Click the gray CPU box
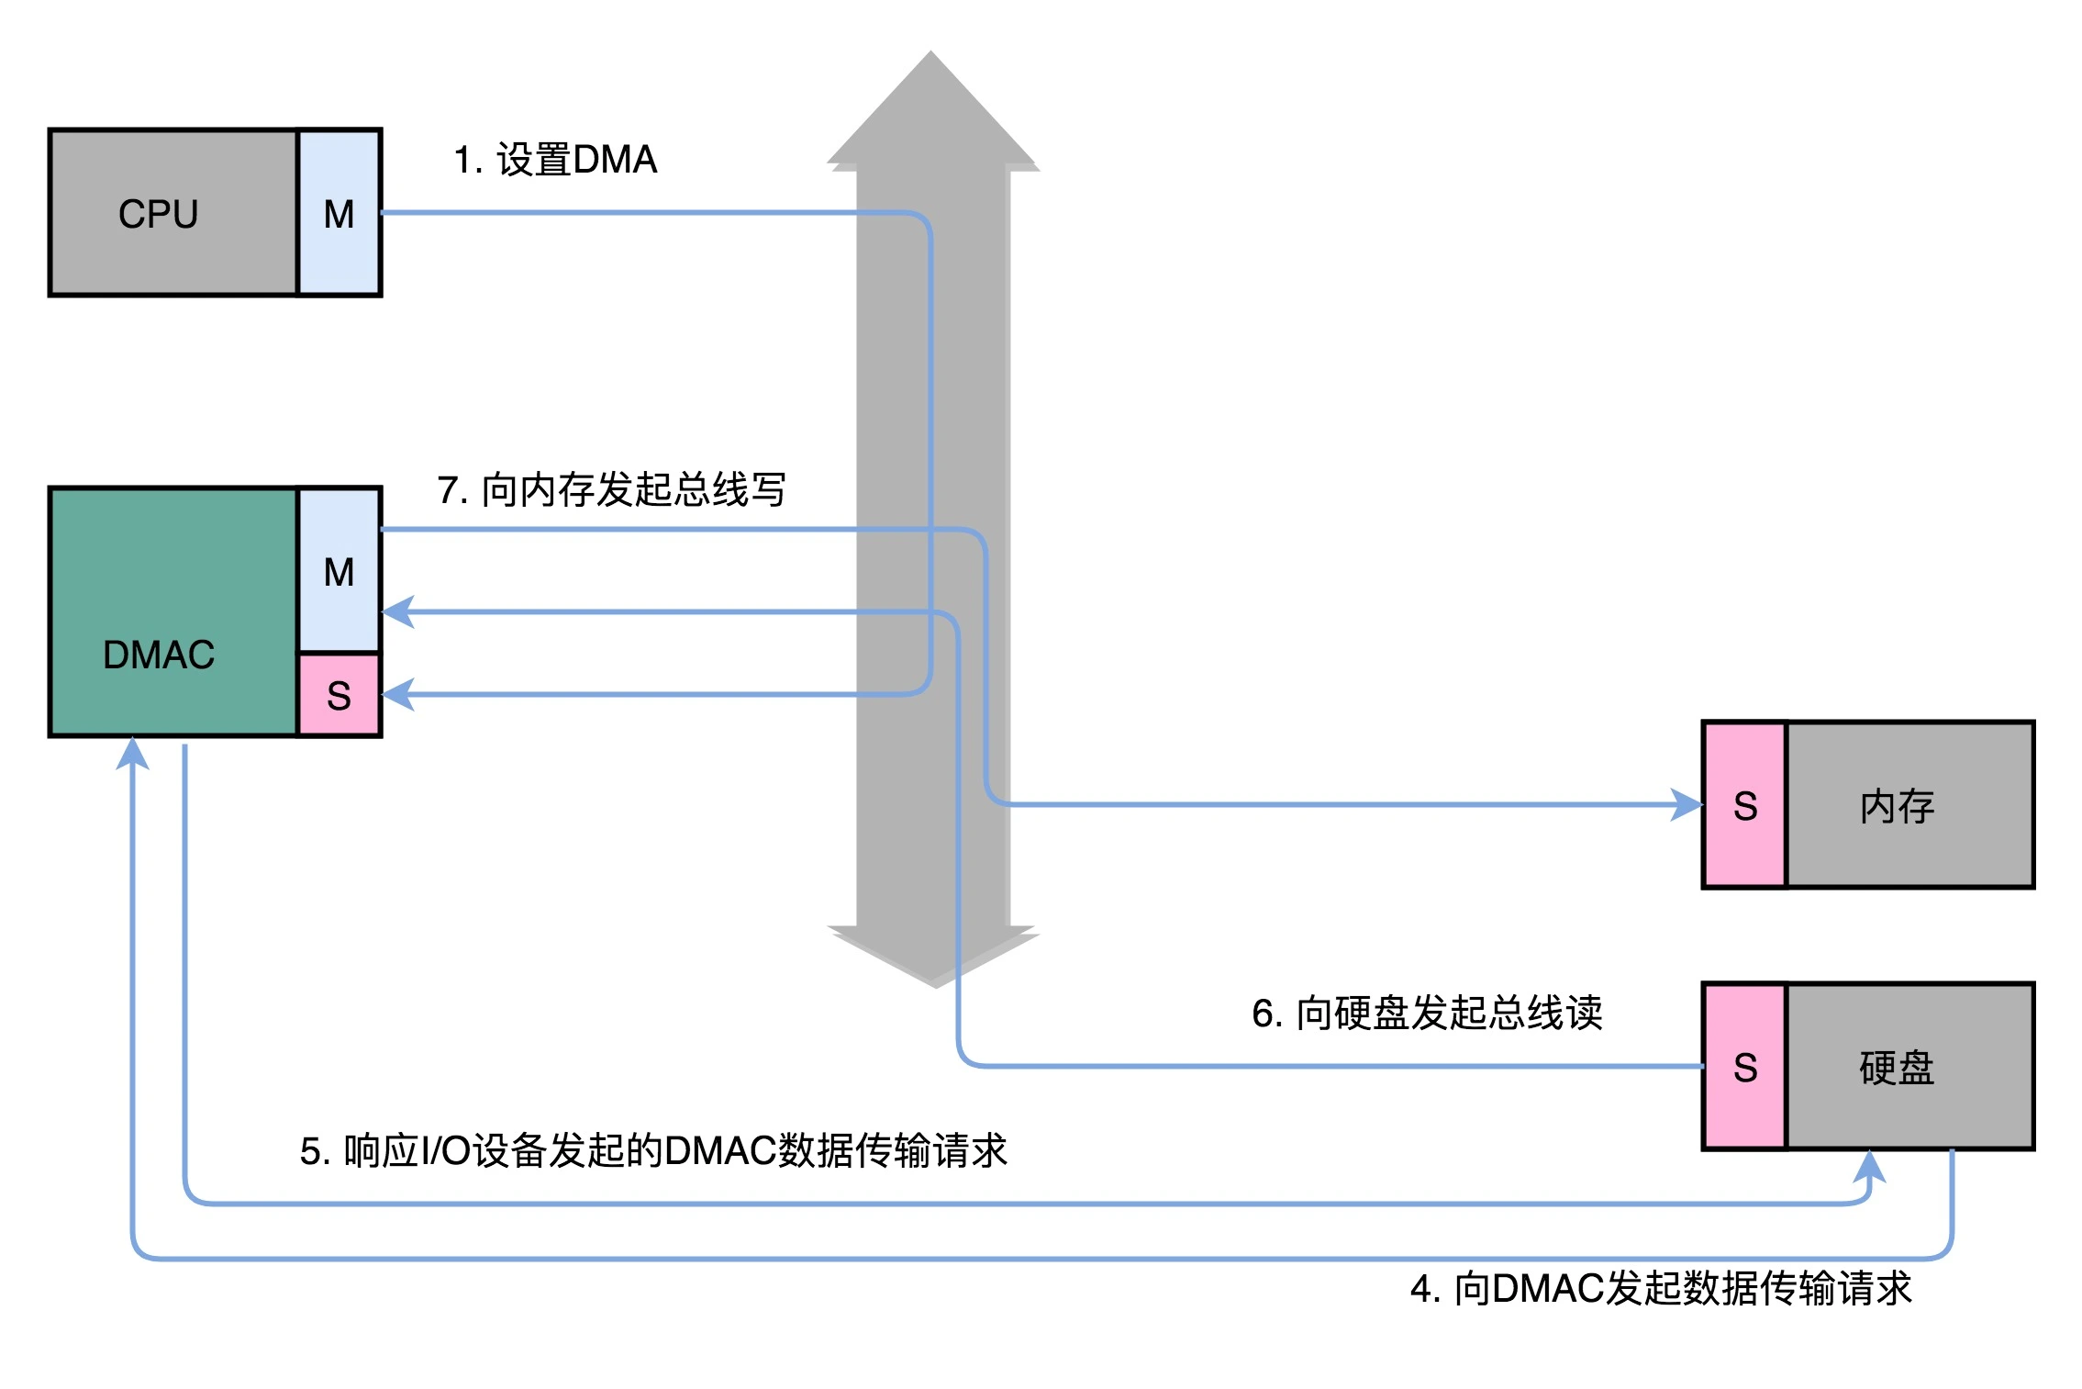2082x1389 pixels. click(x=173, y=213)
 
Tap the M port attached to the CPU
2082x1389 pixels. click(x=339, y=213)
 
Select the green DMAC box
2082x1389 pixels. click(x=173, y=611)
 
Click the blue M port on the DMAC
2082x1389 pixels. click(x=339, y=570)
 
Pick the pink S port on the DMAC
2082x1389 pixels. click(x=339, y=695)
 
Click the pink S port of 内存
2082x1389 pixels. click(x=1743, y=805)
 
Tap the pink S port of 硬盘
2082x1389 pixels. click(x=1743, y=1067)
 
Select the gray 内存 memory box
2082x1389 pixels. click(x=1909, y=805)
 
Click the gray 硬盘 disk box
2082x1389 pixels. click(x=1909, y=1067)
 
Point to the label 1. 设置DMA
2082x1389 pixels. click(x=555, y=160)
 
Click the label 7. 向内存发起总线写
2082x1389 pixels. click(x=611, y=489)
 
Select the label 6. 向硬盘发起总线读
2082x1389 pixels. click(x=1426, y=1013)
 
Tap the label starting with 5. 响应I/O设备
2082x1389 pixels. click(x=653, y=1150)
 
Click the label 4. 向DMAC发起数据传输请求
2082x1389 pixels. click(x=1661, y=1288)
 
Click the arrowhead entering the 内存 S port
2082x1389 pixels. click(x=1686, y=805)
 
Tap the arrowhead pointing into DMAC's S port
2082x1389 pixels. click(x=398, y=694)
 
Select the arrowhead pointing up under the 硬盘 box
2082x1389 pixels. click(x=1868, y=1167)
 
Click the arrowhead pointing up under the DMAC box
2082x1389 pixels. click(x=133, y=754)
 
